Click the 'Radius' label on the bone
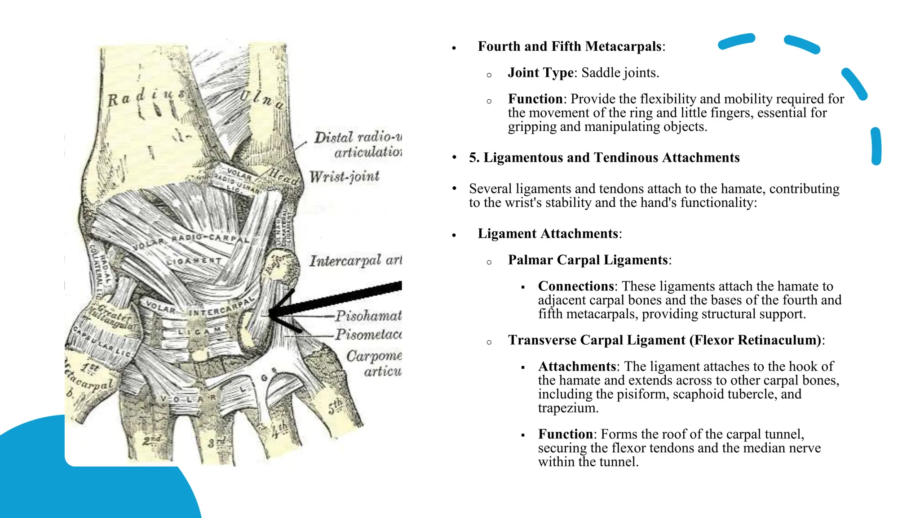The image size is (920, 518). (x=146, y=96)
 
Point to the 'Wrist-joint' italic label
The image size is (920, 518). (x=344, y=176)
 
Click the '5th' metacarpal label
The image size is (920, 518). (x=335, y=406)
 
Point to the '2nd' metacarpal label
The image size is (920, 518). (x=151, y=440)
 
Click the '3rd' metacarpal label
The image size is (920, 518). (x=217, y=442)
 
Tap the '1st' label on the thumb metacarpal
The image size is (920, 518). (x=90, y=368)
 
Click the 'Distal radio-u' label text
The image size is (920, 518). (x=358, y=137)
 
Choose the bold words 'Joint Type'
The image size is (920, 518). (x=540, y=73)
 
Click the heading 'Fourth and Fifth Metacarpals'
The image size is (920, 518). (x=570, y=46)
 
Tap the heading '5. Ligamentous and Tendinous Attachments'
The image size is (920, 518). (x=604, y=158)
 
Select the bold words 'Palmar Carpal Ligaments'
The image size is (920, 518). (x=588, y=260)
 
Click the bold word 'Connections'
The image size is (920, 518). (x=576, y=286)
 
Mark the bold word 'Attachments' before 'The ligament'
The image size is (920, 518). (x=577, y=366)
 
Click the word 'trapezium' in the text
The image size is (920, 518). (x=568, y=408)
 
